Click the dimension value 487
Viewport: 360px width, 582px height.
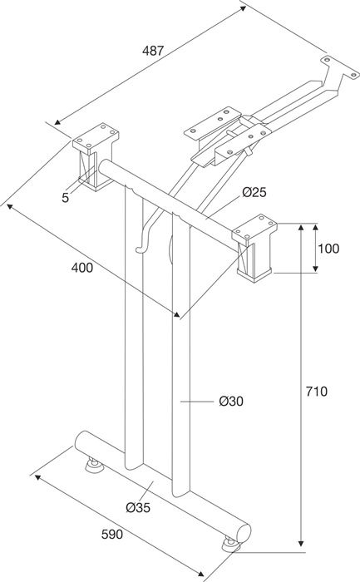pos(152,51)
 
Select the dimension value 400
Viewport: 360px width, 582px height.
pos(81,268)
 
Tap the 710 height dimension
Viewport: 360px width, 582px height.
pos(317,391)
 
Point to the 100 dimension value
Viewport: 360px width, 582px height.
pos(328,248)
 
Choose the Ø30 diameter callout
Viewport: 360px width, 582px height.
pos(231,402)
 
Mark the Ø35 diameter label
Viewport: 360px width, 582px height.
pos(138,507)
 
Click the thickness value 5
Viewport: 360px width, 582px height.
pos(65,197)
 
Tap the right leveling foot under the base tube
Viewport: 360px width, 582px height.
pos(229,545)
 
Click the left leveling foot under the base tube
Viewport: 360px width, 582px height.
pos(93,465)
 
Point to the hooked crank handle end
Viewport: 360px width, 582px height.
pos(141,247)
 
